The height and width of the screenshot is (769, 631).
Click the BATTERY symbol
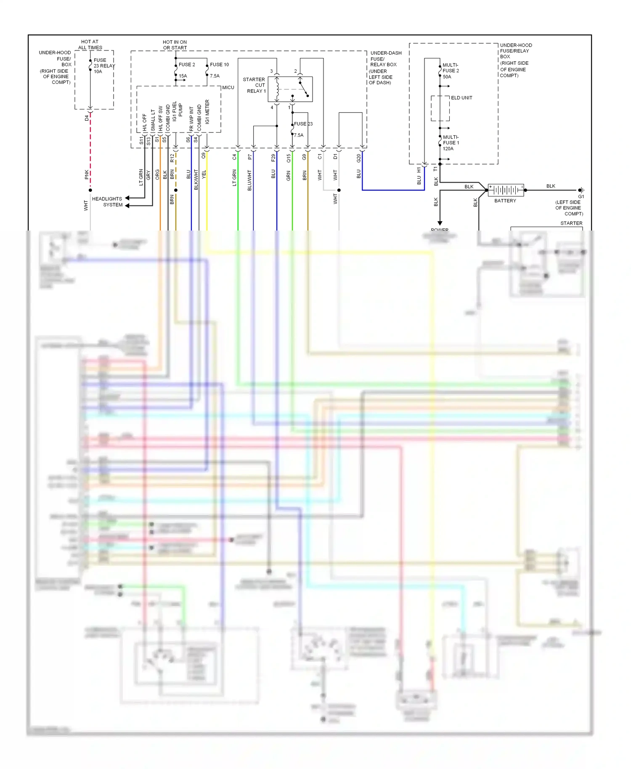coord(506,190)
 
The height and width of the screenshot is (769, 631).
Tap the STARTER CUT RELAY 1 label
coord(254,85)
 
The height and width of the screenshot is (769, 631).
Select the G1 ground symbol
coord(581,191)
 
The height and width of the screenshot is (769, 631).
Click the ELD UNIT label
coord(461,98)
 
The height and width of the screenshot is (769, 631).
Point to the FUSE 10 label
coord(219,64)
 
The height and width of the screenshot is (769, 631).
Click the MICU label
coord(228,88)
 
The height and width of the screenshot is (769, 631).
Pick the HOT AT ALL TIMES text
coord(90,45)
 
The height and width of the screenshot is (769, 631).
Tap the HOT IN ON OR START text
coord(175,45)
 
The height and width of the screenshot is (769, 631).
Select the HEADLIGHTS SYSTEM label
coord(108,202)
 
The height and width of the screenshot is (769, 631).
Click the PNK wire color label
coord(87,174)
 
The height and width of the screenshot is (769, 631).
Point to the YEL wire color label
coord(204,174)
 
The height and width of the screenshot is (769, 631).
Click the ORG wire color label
coord(157,174)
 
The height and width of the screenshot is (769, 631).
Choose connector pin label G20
coord(359,158)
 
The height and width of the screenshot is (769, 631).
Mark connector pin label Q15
coord(289,158)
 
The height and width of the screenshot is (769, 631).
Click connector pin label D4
coord(87,118)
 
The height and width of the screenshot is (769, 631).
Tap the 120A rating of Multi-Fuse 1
coord(448,148)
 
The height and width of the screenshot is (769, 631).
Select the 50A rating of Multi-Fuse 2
coord(447,77)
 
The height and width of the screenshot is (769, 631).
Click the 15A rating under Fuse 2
coord(183,76)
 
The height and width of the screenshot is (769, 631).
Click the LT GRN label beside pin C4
coord(234,178)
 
